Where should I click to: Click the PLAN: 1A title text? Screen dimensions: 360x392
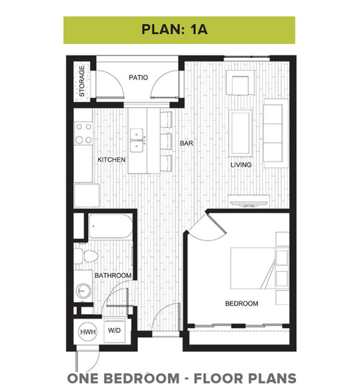tap(175, 29)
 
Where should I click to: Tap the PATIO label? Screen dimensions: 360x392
tap(138, 77)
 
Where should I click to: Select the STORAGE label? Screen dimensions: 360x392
tap(82, 81)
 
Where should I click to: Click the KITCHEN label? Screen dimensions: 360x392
tap(111, 160)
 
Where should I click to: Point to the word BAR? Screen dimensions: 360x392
tap(187, 143)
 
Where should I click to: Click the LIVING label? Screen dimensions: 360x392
tap(241, 165)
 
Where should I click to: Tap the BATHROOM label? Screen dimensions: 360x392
tap(113, 275)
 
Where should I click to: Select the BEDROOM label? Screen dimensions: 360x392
tap(241, 303)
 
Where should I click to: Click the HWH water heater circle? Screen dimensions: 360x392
tap(88, 332)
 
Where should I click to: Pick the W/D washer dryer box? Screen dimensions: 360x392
tap(114, 331)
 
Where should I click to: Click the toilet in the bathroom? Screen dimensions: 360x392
tap(86, 256)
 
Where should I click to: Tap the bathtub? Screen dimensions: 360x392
tap(111, 226)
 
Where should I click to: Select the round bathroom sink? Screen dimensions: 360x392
tap(83, 291)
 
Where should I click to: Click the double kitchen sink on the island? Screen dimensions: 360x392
tap(137, 140)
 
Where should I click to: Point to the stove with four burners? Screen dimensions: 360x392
tap(83, 134)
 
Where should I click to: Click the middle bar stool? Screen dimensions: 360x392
tap(166, 141)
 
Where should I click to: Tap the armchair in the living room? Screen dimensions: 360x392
tap(240, 83)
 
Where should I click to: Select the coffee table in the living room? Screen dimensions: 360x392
tap(241, 133)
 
